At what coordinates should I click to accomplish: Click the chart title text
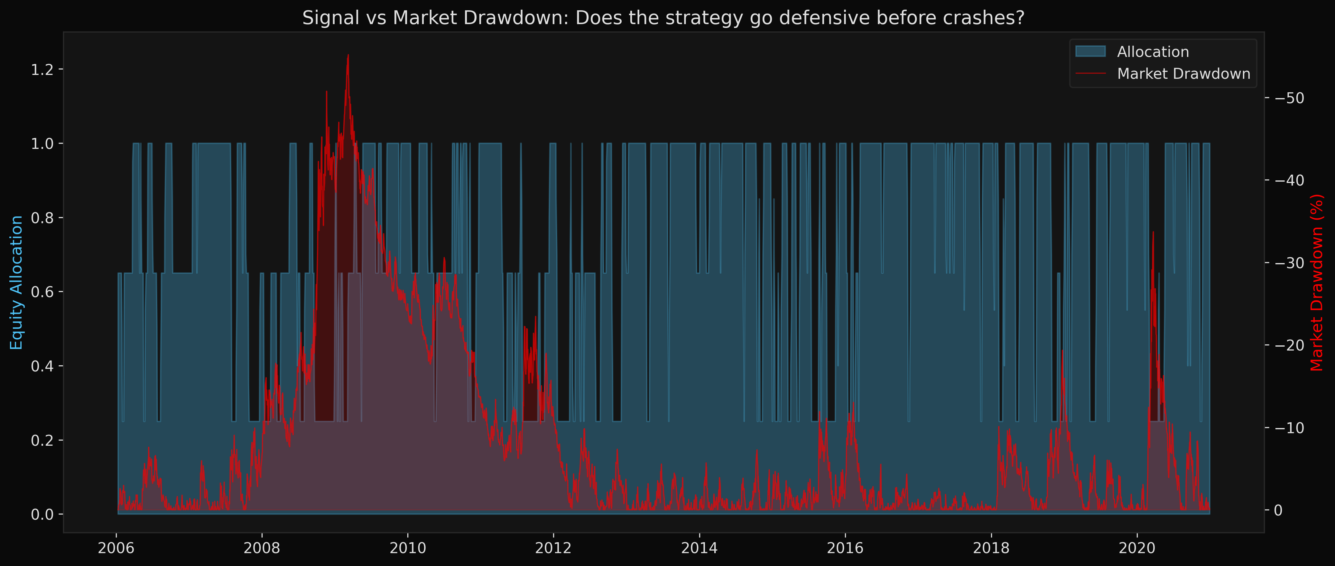click(663, 18)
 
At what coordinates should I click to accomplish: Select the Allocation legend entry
click(1153, 52)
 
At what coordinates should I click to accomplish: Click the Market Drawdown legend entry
click(1183, 74)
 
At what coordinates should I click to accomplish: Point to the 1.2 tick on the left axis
click(42, 69)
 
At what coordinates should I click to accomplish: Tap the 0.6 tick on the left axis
click(42, 292)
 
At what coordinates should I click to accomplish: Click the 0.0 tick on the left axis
click(42, 515)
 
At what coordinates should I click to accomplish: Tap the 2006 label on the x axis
click(116, 548)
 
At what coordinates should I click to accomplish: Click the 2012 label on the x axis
click(553, 548)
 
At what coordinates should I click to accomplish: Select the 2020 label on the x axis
click(1137, 548)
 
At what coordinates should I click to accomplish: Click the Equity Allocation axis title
click(17, 283)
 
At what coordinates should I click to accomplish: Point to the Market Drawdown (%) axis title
click(1317, 283)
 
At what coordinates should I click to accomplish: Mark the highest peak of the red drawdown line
click(348, 55)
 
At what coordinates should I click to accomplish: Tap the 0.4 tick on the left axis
click(42, 366)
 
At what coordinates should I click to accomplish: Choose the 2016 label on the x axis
click(845, 548)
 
